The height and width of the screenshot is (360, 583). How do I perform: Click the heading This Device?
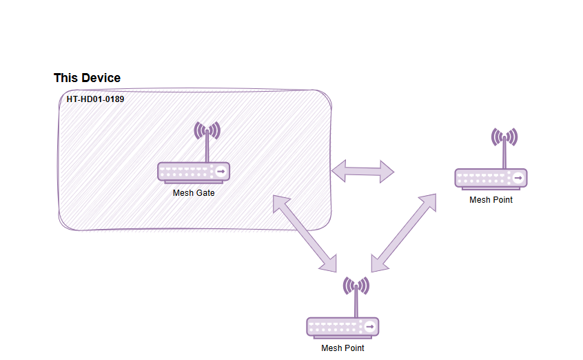click(x=87, y=78)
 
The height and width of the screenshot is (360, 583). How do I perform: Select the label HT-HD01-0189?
click(x=95, y=99)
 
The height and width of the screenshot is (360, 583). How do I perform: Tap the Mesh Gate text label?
click(x=194, y=193)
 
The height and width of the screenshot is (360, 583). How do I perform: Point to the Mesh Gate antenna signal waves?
click(x=207, y=130)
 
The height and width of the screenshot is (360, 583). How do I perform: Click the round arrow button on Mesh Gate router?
click(x=221, y=171)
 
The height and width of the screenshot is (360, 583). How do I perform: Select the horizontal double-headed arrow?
click(x=362, y=170)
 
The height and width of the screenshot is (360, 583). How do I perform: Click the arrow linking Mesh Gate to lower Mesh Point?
click(x=305, y=233)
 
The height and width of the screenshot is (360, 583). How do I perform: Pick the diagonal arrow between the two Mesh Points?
click(x=404, y=233)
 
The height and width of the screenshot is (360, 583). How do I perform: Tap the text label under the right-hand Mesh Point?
click(x=491, y=200)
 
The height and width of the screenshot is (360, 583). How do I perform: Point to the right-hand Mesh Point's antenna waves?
click(x=504, y=137)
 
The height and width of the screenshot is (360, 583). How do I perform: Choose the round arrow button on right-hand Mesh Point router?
click(x=518, y=178)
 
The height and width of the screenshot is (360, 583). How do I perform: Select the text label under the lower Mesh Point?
click(x=342, y=348)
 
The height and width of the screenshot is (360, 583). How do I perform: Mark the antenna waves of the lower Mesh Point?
click(x=356, y=285)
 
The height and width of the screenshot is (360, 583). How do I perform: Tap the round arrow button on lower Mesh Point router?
click(x=369, y=326)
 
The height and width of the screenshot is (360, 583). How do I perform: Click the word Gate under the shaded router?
click(x=204, y=193)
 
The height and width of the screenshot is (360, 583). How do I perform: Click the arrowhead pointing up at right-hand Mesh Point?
click(x=429, y=203)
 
